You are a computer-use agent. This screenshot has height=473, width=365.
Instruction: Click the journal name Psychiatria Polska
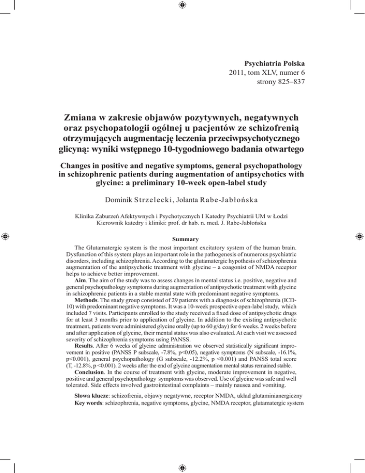tap(278, 63)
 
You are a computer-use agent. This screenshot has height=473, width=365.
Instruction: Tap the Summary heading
tap(182, 255)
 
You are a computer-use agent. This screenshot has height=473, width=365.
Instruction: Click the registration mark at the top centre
tap(182, 5)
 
